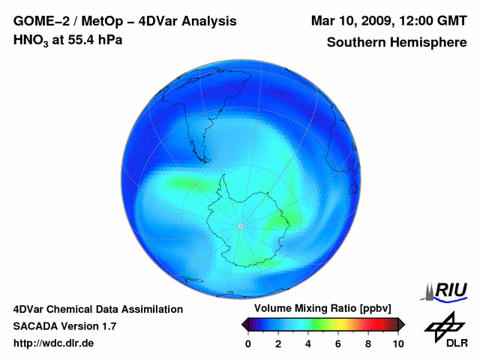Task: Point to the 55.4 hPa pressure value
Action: tap(91, 40)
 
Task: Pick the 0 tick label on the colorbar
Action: tap(248, 343)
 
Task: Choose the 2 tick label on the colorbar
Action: tap(278, 343)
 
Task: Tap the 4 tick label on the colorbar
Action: tap(308, 343)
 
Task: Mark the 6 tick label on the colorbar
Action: tap(338, 343)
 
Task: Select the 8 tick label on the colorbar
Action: tap(368, 343)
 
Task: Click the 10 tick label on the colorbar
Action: tap(397, 343)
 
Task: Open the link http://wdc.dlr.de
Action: tap(54, 343)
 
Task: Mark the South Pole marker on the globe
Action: tap(240, 226)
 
